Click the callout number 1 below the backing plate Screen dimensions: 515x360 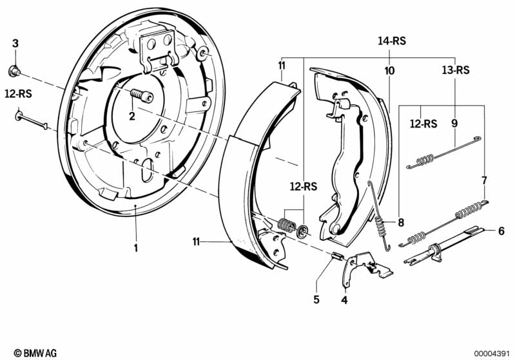(135, 248)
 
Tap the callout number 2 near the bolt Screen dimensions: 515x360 (132, 116)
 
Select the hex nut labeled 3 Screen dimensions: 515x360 (14, 71)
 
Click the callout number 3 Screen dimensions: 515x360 (15, 43)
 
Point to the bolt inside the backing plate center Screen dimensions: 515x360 (142, 95)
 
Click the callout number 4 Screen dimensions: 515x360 (344, 299)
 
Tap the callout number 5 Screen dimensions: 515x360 (316, 299)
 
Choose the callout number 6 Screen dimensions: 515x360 (501, 231)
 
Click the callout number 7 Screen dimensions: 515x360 (484, 180)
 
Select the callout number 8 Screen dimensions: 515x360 (401, 222)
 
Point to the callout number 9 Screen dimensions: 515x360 (454, 124)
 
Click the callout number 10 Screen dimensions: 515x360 (389, 71)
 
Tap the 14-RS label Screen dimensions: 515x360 (392, 41)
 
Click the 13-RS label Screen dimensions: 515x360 (456, 70)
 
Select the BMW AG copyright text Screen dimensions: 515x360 (35, 353)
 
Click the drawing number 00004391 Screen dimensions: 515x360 (492, 354)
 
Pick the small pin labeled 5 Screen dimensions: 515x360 (335, 255)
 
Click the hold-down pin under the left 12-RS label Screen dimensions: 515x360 (31, 120)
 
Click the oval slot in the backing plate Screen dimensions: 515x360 (147, 169)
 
